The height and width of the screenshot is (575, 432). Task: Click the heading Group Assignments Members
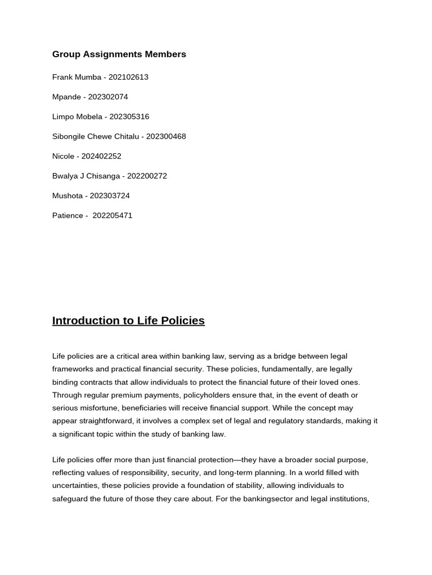119,54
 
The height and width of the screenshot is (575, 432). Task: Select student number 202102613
128,77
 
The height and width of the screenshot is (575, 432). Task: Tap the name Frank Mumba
76,77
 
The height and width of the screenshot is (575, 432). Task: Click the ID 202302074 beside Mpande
108,97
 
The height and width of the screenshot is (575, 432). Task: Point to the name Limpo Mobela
77,117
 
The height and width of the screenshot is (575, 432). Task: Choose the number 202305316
129,117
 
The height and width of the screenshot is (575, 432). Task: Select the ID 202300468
166,136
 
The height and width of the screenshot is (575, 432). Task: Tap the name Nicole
63,156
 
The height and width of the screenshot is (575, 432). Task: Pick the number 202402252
101,156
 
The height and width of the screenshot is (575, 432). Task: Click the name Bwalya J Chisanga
86,176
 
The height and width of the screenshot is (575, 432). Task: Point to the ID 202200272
147,176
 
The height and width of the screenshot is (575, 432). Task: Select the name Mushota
67,195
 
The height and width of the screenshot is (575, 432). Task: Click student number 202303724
110,195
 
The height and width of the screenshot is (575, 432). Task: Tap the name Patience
67,216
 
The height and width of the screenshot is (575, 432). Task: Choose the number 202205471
112,216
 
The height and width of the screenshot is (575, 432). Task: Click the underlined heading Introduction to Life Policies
128,321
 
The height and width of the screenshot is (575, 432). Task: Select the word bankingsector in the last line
269,499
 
